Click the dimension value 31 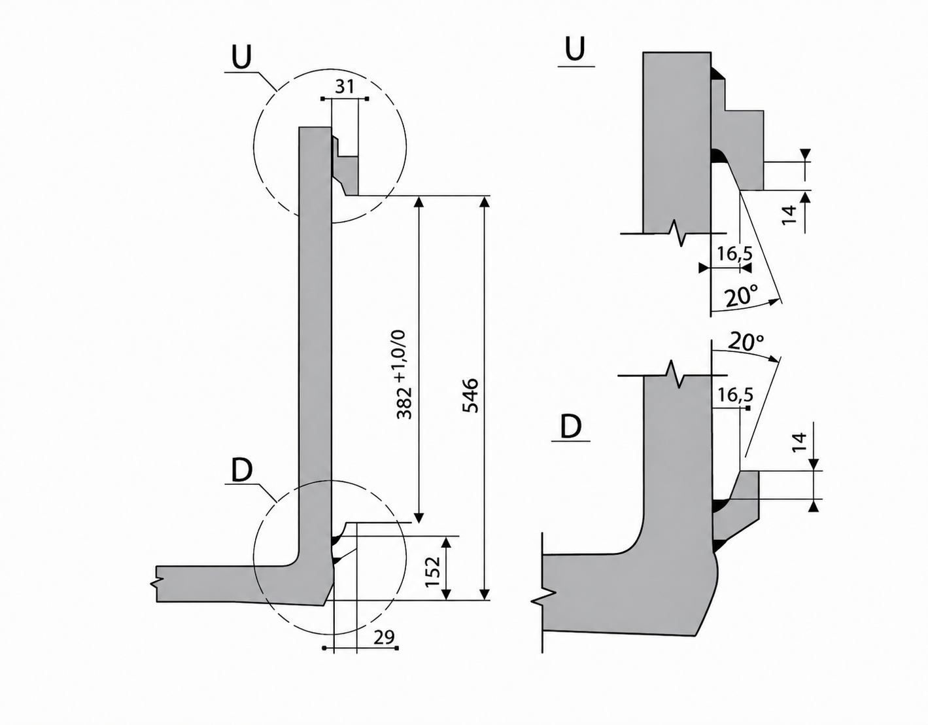point(345,87)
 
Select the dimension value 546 point(471,395)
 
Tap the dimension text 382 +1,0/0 point(404,375)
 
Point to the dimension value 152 point(434,572)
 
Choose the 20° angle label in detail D point(746,343)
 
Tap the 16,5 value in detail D point(735,395)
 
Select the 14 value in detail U point(789,215)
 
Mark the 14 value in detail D point(799,442)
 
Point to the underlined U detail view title point(575,49)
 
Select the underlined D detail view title point(570,427)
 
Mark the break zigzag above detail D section point(676,374)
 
